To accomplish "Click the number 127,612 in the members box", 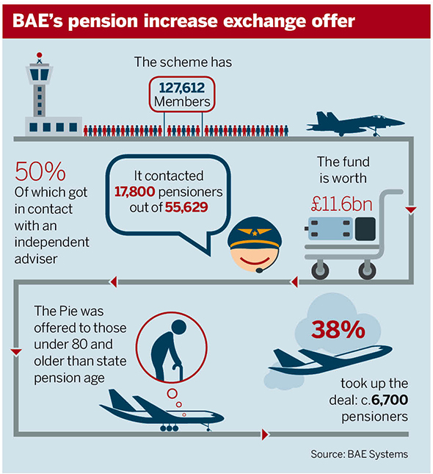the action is pos(182,88).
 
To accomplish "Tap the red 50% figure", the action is pos(40,171).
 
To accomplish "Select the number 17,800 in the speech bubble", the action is pos(135,192).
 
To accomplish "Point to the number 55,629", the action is pos(186,207).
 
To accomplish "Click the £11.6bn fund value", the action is pos(342,204).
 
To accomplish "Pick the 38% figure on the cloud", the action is pos(338,329).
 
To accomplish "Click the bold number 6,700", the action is pos(390,400).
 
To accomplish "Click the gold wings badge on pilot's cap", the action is pos(255,232).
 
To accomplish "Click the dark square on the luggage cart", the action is pos(365,229).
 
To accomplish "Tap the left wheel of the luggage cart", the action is pos(320,270).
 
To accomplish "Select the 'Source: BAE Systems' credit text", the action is pos(360,454).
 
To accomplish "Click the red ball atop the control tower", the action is pos(39,55).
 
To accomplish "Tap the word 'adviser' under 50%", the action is pos(36,259).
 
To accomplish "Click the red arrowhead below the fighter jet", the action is pos(411,210).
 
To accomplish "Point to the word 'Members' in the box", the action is pos(182,101).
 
